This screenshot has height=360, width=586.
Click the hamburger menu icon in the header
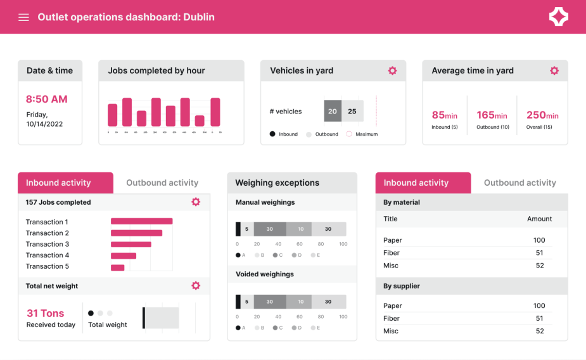[x=23, y=17]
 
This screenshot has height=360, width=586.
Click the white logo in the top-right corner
[x=558, y=17]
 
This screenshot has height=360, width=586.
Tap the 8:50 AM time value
[x=46, y=99]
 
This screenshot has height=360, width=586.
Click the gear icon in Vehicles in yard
[x=392, y=70]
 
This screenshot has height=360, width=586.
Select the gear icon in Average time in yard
[x=554, y=70]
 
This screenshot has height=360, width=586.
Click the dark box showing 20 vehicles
[x=333, y=111]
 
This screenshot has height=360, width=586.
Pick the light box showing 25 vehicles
[x=352, y=111]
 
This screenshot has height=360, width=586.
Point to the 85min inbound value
[x=444, y=115]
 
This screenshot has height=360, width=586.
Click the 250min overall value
[x=542, y=115]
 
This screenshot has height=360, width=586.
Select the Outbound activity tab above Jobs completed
[x=162, y=183]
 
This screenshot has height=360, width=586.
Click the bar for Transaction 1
[x=141, y=221]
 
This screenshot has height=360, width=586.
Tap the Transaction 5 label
[x=48, y=266]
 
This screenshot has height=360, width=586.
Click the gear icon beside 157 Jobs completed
[x=196, y=202]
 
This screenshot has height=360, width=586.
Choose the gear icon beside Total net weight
[x=196, y=286]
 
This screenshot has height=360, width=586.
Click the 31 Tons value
[x=46, y=313]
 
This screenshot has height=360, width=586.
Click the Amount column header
[x=539, y=219]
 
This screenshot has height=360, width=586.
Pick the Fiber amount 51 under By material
[x=539, y=253]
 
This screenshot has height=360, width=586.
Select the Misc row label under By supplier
[x=392, y=331]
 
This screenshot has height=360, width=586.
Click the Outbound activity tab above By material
[x=519, y=183]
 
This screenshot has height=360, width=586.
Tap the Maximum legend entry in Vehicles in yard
[x=362, y=134]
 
